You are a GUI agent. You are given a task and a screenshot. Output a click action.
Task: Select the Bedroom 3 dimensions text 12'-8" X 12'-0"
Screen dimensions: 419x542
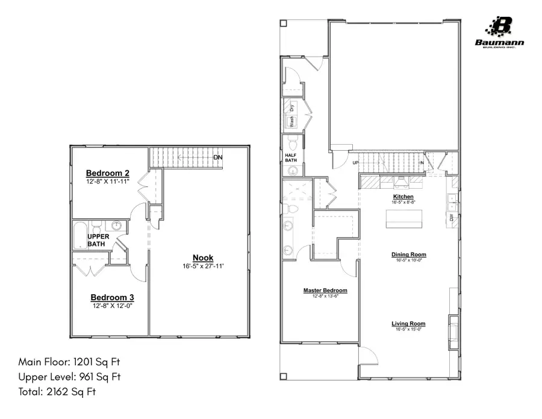click(112, 306)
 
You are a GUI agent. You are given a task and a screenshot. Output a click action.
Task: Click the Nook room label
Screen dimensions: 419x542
click(202, 258)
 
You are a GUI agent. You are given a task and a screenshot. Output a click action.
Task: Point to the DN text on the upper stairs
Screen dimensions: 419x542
click(219, 158)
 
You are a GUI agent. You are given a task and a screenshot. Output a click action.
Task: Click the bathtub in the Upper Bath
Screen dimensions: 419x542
click(79, 236)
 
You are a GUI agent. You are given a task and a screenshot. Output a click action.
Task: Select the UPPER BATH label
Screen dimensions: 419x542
click(98, 240)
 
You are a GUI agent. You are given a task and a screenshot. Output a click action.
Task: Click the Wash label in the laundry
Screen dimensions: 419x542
click(292, 121)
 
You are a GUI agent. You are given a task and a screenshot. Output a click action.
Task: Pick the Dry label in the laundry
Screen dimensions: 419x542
click(292, 109)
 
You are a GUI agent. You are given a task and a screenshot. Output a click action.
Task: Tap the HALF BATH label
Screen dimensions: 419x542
click(291, 157)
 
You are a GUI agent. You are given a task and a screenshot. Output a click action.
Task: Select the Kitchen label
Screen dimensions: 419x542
click(403, 197)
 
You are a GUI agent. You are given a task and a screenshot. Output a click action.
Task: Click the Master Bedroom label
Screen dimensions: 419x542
click(325, 291)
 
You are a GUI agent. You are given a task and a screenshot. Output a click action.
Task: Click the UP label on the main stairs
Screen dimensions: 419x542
click(356, 163)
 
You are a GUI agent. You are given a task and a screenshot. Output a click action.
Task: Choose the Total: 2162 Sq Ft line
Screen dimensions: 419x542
click(57, 391)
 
